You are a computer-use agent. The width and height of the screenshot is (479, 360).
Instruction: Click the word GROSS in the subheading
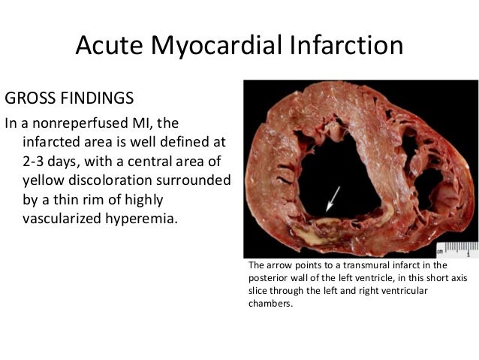point(30,98)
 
